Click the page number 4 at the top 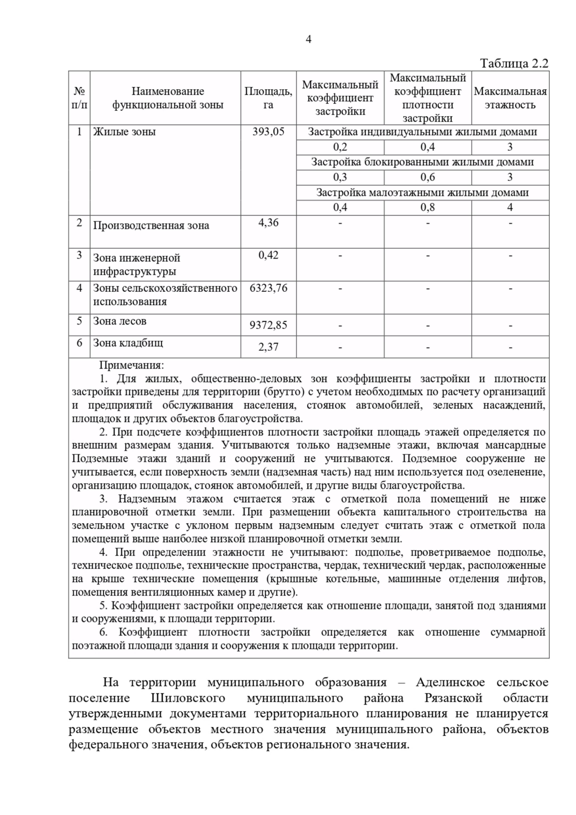tap(308, 40)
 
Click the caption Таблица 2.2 tap(514, 64)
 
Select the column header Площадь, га tap(268, 98)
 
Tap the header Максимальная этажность tap(510, 98)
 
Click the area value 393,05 tap(268, 132)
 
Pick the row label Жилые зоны tap(124, 132)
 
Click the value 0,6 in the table tap(427, 177)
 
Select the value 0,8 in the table tap(427, 207)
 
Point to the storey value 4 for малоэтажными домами tap(510, 207)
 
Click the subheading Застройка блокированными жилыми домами tap(422, 162)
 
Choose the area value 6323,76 tap(268, 288)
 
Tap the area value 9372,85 tap(268, 325)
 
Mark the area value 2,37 tap(268, 347)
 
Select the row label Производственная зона tap(151, 226)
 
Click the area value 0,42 tap(268, 255)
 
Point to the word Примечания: tap(131, 365)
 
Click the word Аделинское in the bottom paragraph tap(450, 682)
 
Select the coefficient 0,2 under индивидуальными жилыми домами tap(340, 147)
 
